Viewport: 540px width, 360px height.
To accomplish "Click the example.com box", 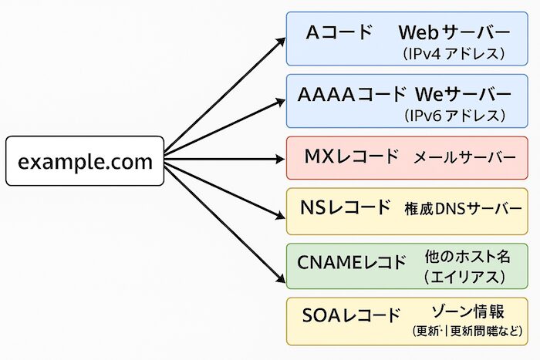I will point(85,161).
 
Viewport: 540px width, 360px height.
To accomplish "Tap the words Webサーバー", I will point(454,33).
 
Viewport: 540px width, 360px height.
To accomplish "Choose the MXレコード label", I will point(352,156).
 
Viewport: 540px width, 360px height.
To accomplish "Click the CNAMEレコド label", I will point(352,262).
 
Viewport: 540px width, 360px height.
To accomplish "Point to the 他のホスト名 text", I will point(467,255).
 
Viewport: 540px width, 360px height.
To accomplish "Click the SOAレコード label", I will point(353,315).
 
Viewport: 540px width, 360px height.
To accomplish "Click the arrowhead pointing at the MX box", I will point(279,160).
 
